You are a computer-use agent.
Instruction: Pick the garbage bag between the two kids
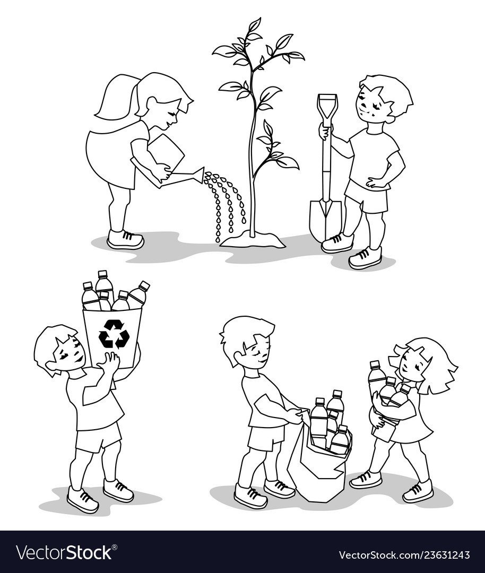click(318, 467)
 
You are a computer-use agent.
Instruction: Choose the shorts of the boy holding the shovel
click(366, 199)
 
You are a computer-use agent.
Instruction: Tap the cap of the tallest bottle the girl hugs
click(375, 364)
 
